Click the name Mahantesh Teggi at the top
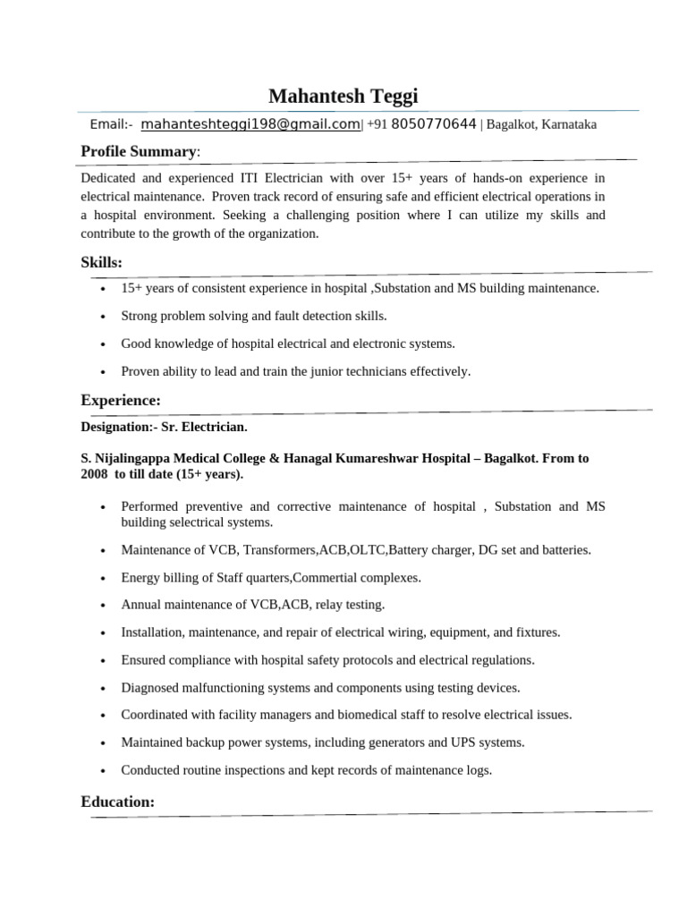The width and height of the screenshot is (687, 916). (343, 96)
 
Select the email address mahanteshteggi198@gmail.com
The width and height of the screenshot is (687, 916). (250, 124)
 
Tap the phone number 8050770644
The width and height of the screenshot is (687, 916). (434, 124)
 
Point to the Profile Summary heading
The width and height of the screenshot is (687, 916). (139, 152)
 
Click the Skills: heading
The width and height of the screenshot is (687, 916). (102, 261)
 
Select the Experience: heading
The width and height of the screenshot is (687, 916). (121, 399)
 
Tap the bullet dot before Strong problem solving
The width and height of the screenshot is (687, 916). (105, 317)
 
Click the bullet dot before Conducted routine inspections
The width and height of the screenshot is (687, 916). (105, 770)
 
